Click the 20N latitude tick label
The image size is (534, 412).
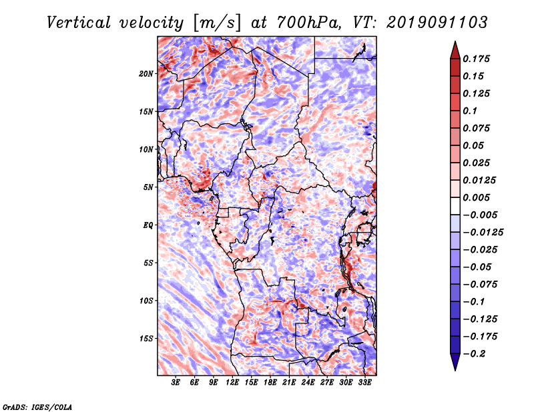pos(147,73)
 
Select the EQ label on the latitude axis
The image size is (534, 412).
pos(148,225)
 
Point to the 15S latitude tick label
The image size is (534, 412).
pos(147,339)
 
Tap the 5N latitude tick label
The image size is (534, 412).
pos(149,187)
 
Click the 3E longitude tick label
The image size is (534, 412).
pos(176,383)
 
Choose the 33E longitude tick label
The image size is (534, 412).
pos(365,383)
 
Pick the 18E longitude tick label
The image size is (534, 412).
pos(270,383)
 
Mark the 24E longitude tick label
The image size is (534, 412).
pos(308,383)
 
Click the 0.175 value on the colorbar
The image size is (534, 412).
pos(478,59)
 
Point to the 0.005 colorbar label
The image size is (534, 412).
pos(478,197)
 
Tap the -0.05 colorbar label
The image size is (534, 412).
pos(481,267)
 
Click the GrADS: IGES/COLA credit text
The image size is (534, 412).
pos(37,405)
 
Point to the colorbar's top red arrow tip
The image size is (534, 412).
pos(454,43)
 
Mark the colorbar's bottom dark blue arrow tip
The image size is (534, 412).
pos(454,369)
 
